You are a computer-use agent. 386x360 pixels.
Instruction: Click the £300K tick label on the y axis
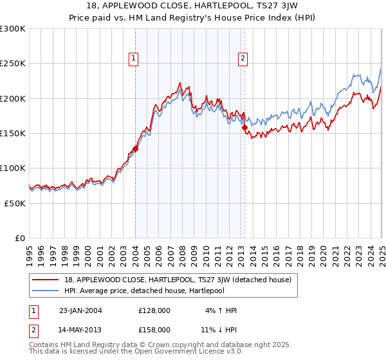[x=13, y=29]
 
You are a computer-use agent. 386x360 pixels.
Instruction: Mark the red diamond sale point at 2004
[x=135, y=148]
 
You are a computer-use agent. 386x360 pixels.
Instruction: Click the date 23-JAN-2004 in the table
[x=80, y=310]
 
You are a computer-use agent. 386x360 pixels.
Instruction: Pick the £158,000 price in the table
[x=154, y=329]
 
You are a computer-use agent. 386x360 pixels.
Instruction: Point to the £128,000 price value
[x=154, y=310]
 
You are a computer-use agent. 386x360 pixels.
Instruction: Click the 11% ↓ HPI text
[x=218, y=329]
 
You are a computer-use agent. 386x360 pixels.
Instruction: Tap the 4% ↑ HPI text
[x=220, y=310]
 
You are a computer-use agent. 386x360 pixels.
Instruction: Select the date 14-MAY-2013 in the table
[x=80, y=329]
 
